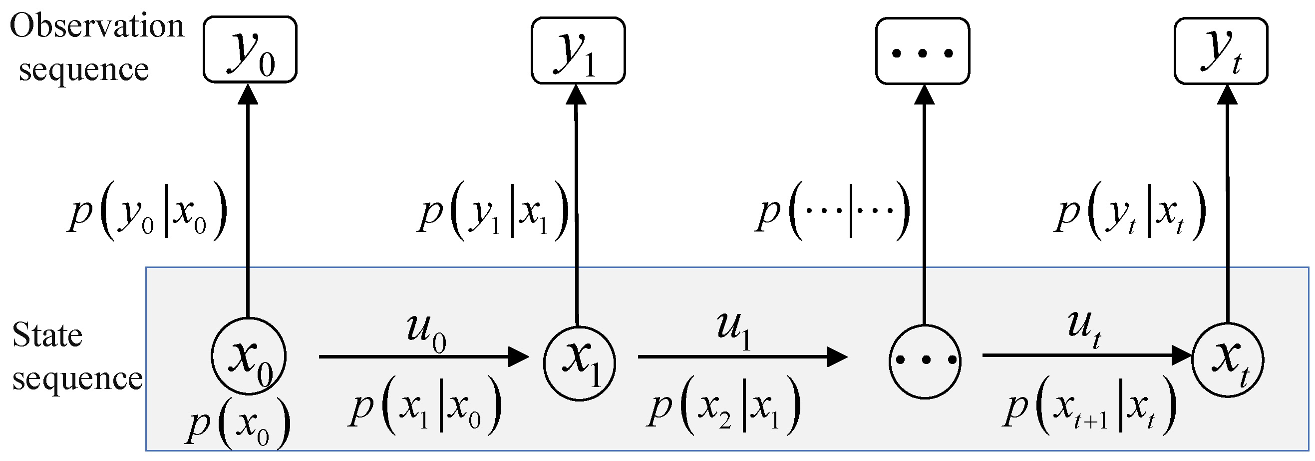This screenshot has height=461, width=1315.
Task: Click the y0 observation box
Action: coord(250,49)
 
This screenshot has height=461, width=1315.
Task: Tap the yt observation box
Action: coord(1220,50)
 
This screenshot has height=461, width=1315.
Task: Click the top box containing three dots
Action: coord(922,51)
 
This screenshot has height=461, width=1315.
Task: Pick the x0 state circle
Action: coord(249,356)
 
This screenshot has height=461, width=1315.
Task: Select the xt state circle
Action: coord(1227,360)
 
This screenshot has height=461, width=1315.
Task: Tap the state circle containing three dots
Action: coord(925,361)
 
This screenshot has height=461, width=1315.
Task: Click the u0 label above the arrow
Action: coord(426,332)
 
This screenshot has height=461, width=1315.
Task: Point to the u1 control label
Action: coord(734,330)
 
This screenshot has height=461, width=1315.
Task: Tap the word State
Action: coord(47,335)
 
